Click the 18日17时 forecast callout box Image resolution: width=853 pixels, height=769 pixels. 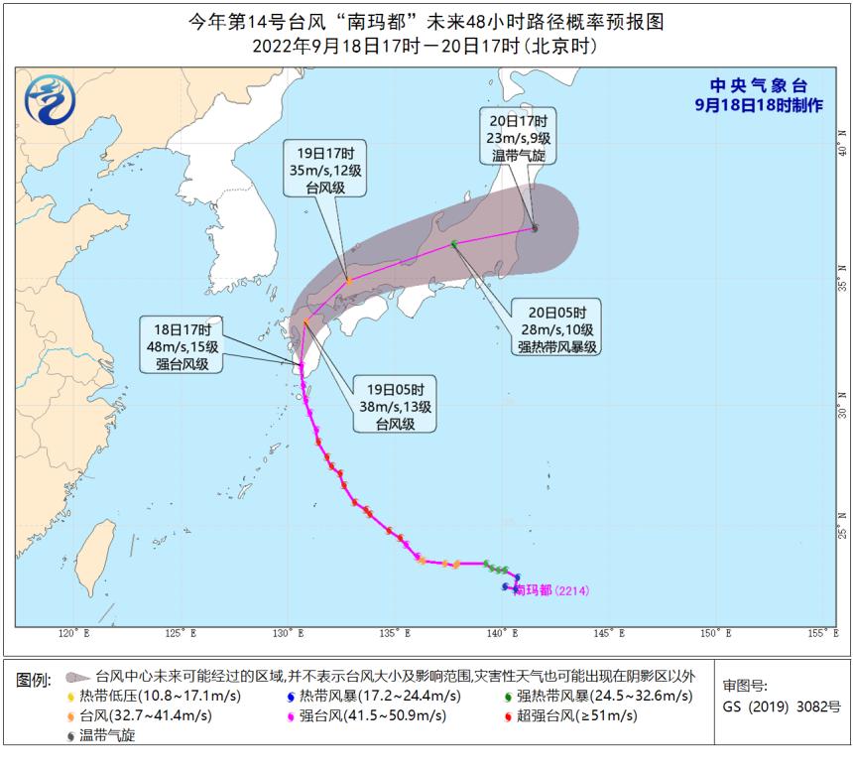coord(184,345)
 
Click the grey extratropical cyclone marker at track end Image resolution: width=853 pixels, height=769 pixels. coord(535,228)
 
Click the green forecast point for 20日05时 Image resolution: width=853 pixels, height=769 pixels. coord(454,244)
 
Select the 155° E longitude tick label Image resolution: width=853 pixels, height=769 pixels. coord(819,632)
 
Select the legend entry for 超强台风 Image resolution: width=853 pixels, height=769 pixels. coord(570,715)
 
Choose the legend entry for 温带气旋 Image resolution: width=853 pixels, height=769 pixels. coord(101,735)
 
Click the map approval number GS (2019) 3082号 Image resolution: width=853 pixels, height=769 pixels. coord(784,707)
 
